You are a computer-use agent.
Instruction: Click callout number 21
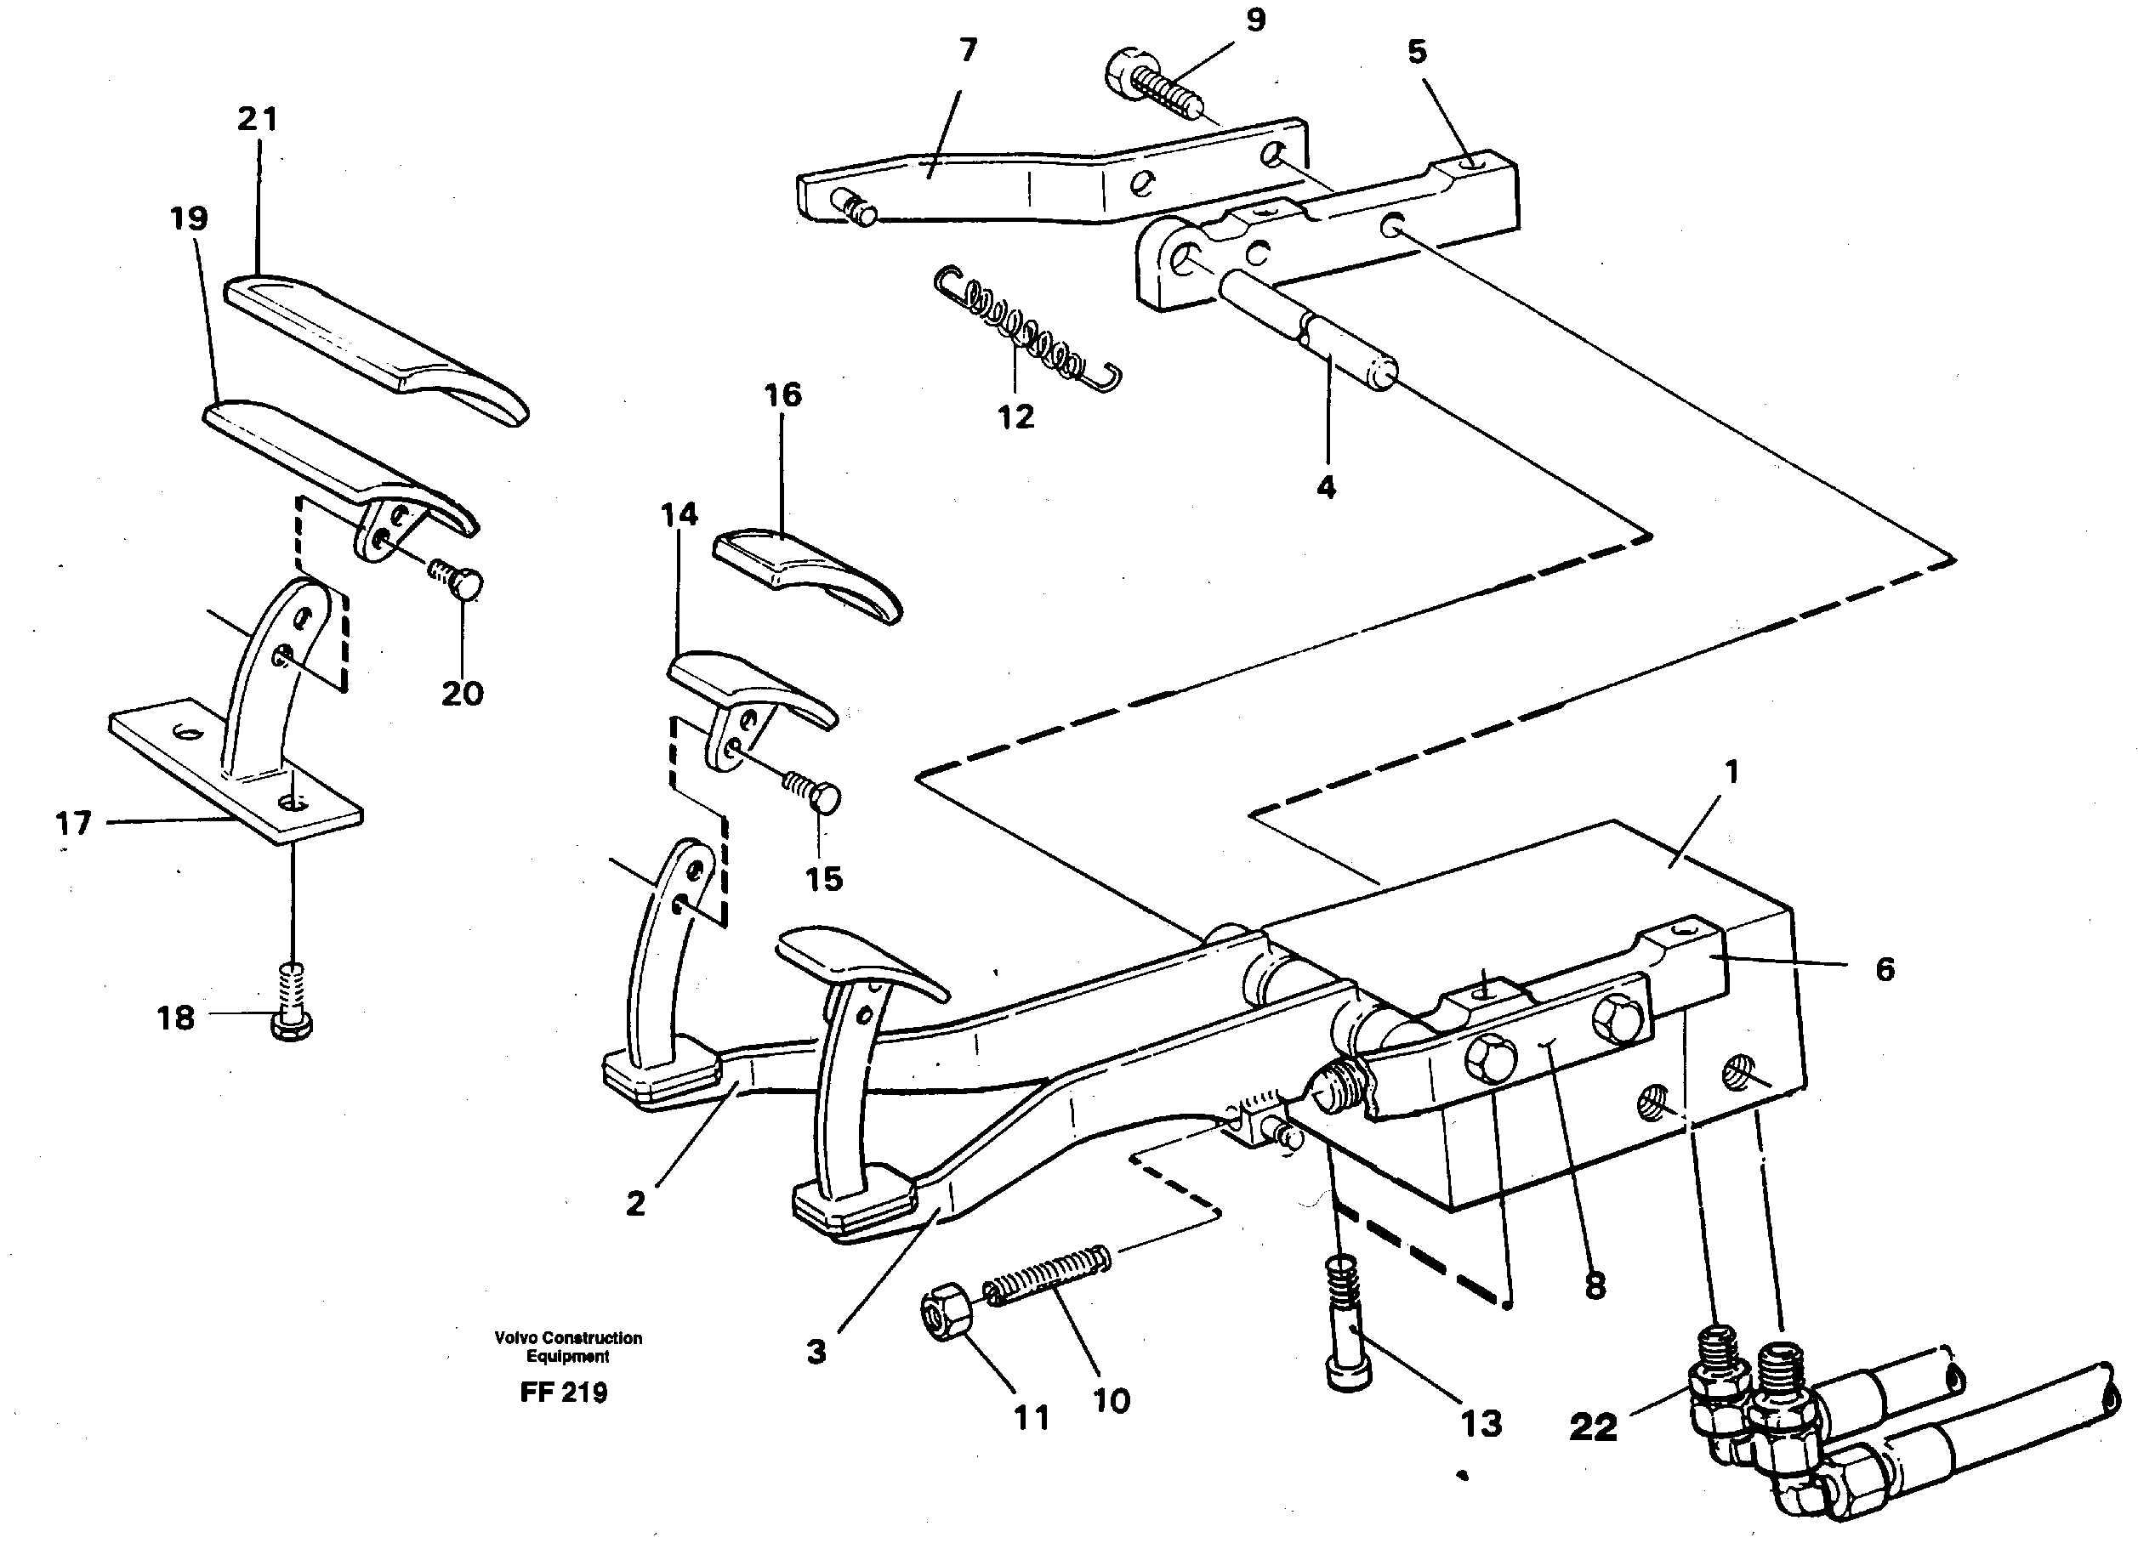[258, 120]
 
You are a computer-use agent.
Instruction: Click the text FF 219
[564, 1393]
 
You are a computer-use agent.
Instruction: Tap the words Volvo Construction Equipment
[567, 1346]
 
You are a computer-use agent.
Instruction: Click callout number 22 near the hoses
[1592, 1427]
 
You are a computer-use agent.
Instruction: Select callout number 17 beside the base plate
[73, 823]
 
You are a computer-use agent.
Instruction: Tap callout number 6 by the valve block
[1885, 969]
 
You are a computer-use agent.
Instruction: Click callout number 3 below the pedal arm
[816, 1352]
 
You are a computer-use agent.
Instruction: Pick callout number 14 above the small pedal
[679, 514]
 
